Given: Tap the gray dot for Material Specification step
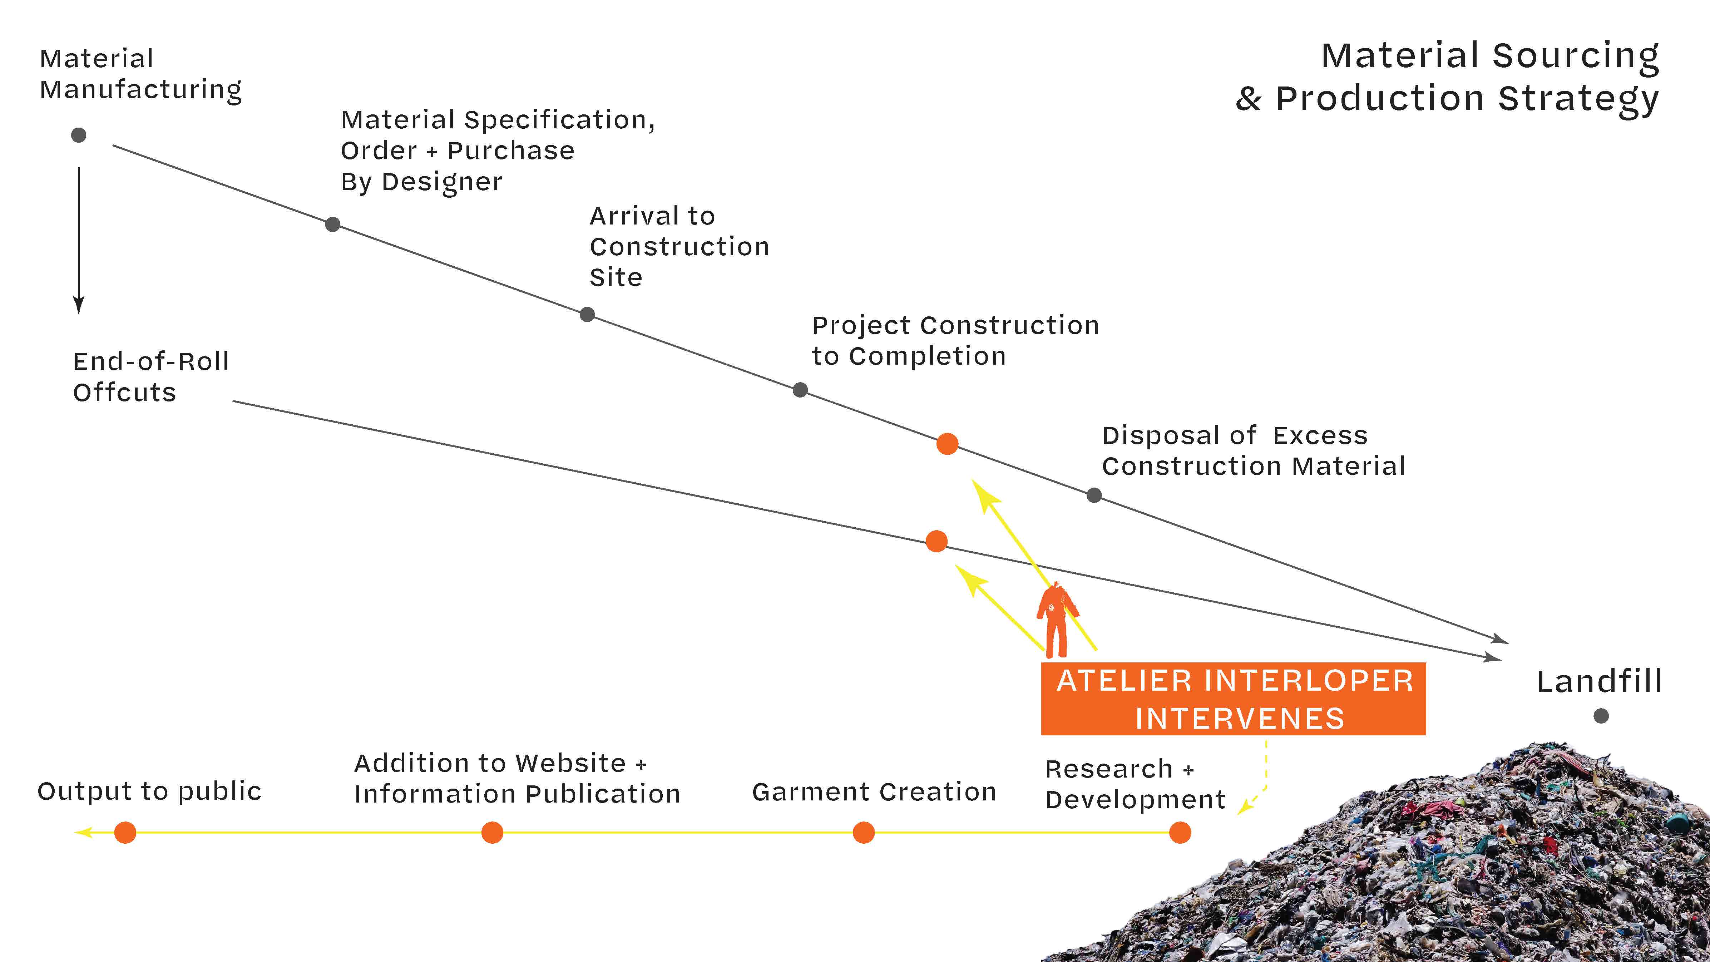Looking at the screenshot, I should click(332, 225).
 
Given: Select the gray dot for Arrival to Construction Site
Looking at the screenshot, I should click(587, 314).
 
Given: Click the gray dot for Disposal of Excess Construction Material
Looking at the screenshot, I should click(1094, 495).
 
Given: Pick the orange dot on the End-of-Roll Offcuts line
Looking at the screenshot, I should click(936, 541).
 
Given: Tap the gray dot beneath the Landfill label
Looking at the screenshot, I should click(1601, 716).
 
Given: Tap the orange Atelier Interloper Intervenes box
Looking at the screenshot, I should click(1233, 699).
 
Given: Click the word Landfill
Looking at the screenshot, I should click(1598, 682).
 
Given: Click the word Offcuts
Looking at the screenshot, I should click(124, 393).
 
